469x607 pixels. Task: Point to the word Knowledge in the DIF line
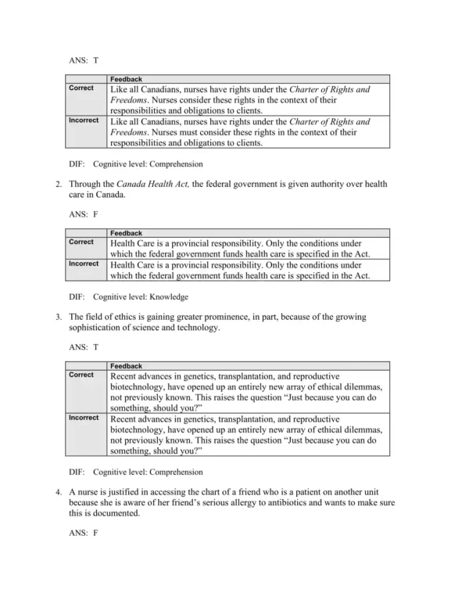169,297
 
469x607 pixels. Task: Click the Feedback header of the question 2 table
126,232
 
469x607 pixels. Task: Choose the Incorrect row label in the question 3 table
84,418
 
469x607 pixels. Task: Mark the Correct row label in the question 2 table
81,242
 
